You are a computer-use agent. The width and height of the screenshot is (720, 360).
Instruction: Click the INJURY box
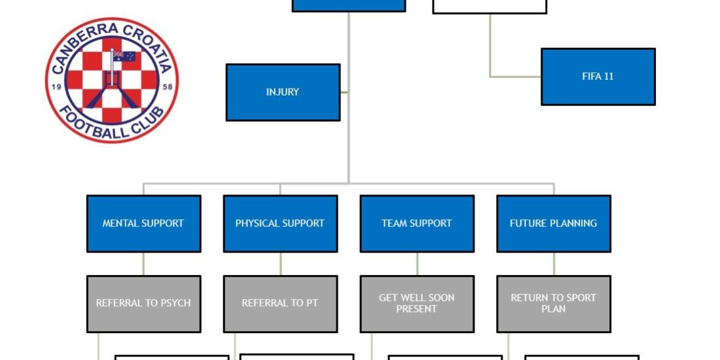point(283,92)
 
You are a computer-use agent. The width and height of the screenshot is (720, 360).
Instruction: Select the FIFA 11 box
point(598,77)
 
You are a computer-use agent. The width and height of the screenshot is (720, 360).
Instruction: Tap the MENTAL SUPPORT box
point(143,223)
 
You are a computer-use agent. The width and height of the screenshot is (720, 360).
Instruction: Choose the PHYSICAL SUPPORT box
point(280,223)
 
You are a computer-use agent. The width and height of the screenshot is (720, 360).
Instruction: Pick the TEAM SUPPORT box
point(417,223)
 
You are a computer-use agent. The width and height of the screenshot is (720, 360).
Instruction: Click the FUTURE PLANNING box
point(553,223)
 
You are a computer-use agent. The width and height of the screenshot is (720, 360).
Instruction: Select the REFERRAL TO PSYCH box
point(143,303)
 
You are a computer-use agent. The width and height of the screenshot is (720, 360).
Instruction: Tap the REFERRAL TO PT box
point(280,303)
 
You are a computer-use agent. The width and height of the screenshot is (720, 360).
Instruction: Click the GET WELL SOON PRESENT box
point(417,303)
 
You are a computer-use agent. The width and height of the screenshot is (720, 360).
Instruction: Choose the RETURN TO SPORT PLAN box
point(553,303)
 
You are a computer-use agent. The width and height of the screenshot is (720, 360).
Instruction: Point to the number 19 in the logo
point(56,86)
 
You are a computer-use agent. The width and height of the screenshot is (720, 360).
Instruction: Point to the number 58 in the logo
point(167,86)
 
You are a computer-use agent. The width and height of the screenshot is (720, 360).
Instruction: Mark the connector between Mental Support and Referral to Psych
point(143,264)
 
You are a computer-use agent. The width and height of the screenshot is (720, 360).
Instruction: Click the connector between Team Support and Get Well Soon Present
point(417,264)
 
